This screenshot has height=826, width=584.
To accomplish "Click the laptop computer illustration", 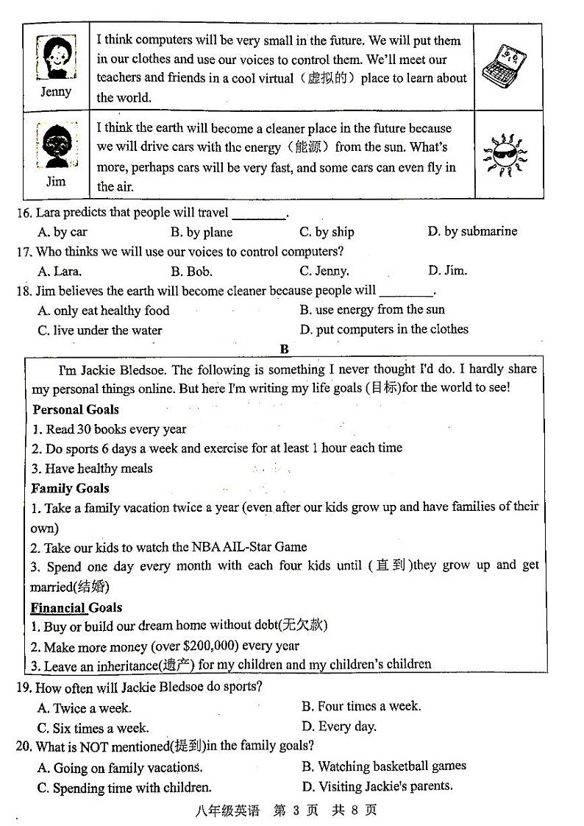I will click(507, 67).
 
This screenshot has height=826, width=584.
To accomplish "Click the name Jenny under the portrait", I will click(56, 92).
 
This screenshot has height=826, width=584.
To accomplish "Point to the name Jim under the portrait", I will click(56, 182).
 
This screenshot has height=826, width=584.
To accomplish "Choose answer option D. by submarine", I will click(472, 232).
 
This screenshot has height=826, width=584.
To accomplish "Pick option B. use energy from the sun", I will click(372, 310).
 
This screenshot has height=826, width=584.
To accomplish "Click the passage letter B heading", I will click(284, 350).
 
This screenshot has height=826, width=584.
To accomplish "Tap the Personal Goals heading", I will click(75, 409).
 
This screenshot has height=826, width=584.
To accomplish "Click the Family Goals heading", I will click(70, 488).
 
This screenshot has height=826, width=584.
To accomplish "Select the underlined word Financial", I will click(58, 608).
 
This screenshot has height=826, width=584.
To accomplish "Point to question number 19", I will click(24, 688).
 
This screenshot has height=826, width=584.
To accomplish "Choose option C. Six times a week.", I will click(93, 728).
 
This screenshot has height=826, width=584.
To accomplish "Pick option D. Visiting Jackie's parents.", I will click(377, 786).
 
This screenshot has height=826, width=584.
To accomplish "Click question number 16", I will click(24, 213).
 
